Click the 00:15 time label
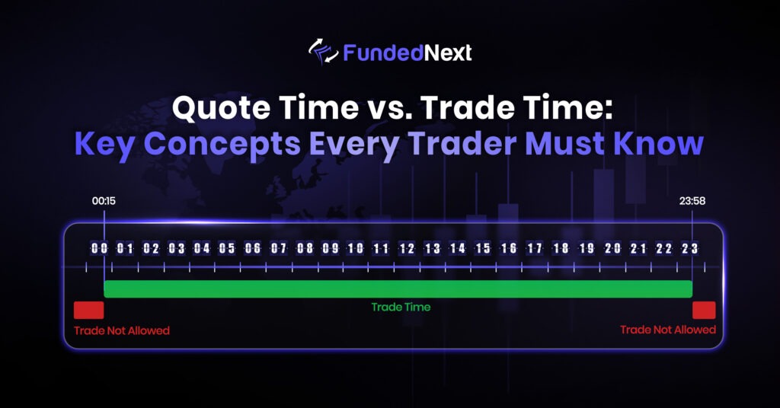(x=104, y=202)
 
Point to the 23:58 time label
(x=692, y=202)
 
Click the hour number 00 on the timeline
(x=99, y=248)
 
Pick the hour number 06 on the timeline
(x=253, y=248)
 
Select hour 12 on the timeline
(x=407, y=248)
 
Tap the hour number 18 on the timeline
(x=561, y=248)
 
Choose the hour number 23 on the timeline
(x=689, y=248)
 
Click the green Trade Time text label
(x=401, y=308)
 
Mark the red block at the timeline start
(x=88, y=310)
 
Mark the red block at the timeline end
(x=704, y=310)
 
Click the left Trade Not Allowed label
(x=122, y=331)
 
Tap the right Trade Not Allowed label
(x=668, y=330)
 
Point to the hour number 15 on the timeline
(x=483, y=248)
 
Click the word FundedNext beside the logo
(x=408, y=53)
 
